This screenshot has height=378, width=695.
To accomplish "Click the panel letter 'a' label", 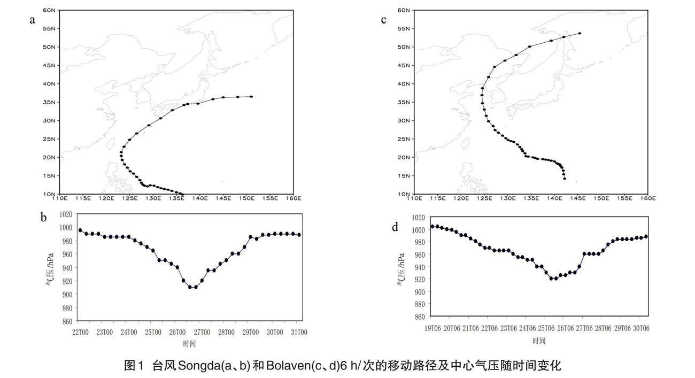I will pos(33,20).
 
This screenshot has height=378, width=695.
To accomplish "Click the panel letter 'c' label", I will pos(383,20).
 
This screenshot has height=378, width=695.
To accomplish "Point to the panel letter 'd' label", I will pos(395,227).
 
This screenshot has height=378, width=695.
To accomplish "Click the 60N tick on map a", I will pos(49,10).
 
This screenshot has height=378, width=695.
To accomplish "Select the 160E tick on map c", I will pos(647,198).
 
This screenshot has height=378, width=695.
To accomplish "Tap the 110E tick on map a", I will pos(59,198).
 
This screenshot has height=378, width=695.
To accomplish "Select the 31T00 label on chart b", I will pos(299,333).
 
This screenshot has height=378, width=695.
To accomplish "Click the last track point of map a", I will pos(251,97).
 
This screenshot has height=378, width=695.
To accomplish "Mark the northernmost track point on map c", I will pos(580,33).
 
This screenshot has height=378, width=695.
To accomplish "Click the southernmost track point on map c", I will pos(565,179).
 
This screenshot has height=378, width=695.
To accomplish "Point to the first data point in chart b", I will pos(80,230).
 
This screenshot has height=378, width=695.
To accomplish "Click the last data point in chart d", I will pos(646,236).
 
